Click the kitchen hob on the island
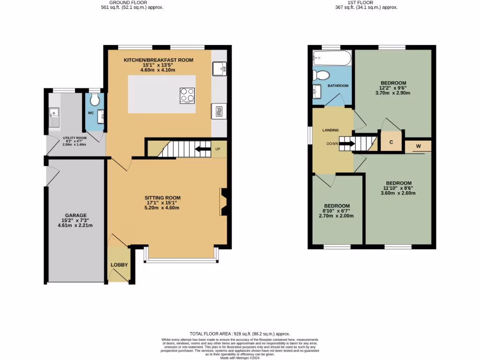[187, 95]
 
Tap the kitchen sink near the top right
[219, 69]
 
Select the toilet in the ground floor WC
[94, 99]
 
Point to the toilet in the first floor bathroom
[322, 75]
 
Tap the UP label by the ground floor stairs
[217, 149]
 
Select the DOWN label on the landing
[333, 144]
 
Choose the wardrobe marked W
[418, 146]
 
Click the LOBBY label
[119, 265]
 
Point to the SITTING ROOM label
[162, 198]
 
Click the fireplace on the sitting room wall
[224, 202]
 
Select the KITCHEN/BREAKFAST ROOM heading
[158, 60]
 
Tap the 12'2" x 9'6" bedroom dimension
[393, 88]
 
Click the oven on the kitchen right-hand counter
[218, 112]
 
